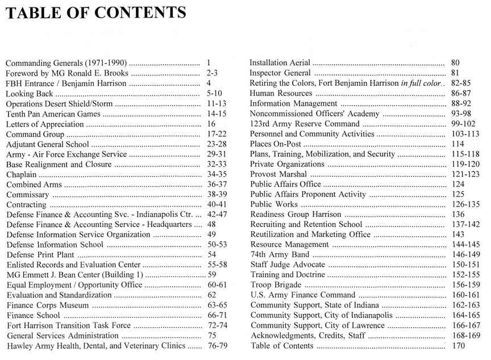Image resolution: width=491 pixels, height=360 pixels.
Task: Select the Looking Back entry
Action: pos(30,94)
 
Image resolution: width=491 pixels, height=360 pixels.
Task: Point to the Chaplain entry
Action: pos(22,174)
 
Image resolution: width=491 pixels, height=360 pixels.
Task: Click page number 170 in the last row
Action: pos(458,346)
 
